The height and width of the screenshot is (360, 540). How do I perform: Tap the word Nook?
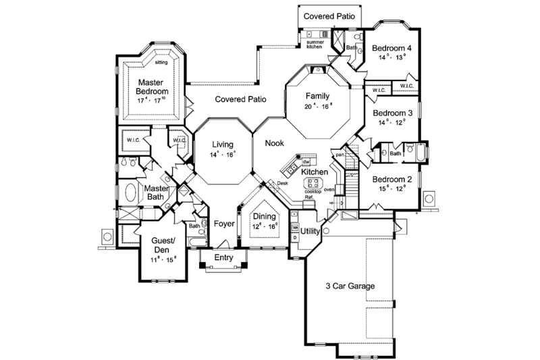tap(274, 143)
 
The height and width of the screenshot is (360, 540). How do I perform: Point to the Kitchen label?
tap(315, 173)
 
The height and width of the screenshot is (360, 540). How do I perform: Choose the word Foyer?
tap(223, 224)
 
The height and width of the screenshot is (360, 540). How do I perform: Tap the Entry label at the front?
tap(223, 257)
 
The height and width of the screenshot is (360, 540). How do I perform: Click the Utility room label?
tap(310, 231)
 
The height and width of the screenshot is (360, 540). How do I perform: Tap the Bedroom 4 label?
tap(392, 48)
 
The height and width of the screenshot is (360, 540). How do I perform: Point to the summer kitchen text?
tap(315, 45)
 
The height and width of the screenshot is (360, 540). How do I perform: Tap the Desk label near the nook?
tap(282, 183)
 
